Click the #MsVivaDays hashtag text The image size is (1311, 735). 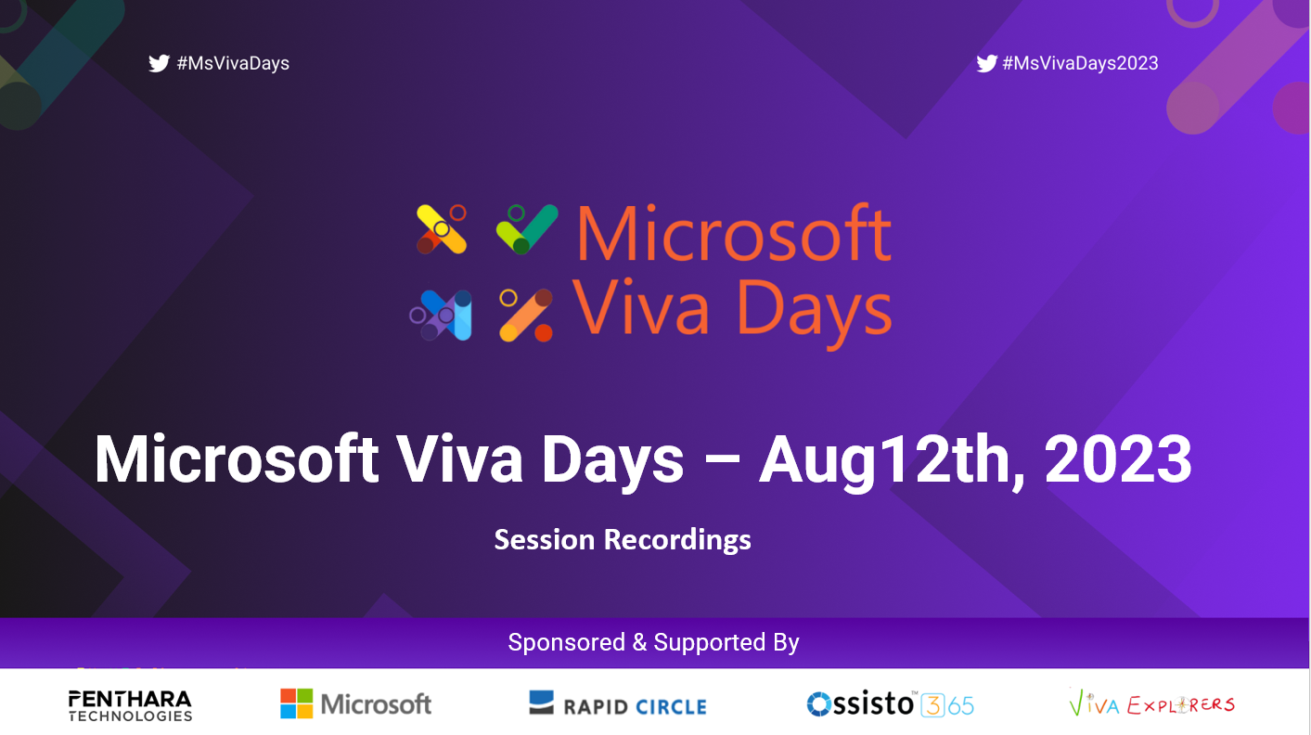(x=233, y=63)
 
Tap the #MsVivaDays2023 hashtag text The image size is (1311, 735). (x=1080, y=63)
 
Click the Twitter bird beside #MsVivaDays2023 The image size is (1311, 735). (x=987, y=63)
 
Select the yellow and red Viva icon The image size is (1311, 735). (x=442, y=229)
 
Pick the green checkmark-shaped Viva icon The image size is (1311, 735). (x=527, y=229)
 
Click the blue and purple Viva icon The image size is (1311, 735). (x=441, y=315)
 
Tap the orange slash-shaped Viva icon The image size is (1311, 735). (x=525, y=315)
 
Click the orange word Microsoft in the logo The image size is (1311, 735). (x=734, y=233)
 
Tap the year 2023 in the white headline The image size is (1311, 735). (x=1118, y=458)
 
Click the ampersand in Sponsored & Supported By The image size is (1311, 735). (x=639, y=642)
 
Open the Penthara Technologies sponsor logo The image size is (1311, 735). (x=130, y=705)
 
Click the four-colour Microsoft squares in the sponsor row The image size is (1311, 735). (x=296, y=703)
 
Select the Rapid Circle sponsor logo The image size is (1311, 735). (x=617, y=703)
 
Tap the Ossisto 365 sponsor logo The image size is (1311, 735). (x=890, y=704)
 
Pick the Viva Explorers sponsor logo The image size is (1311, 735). (x=1151, y=703)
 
